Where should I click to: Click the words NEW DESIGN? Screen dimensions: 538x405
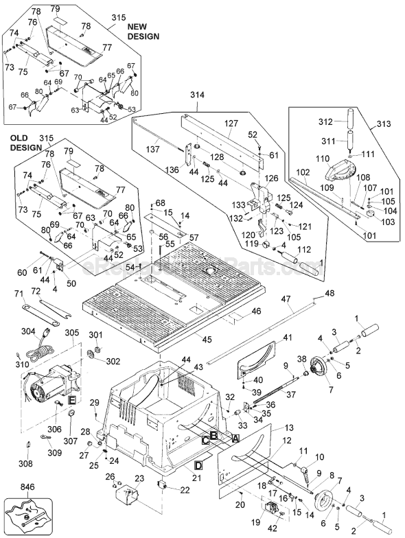tap(142, 30)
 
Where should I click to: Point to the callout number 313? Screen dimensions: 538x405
tap(384, 125)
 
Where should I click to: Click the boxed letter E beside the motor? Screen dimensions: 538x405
tap(71, 400)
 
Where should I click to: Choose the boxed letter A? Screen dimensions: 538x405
tap(235, 437)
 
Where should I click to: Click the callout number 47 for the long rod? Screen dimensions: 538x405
tap(286, 299)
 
